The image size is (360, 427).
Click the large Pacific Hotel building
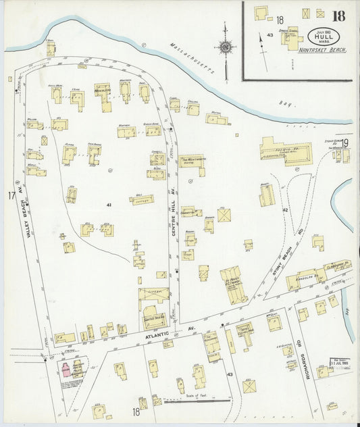coord(286,151)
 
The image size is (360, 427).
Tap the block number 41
coord(108,204)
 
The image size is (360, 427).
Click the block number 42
coord(285,210)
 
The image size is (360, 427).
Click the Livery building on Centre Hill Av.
coord(153,296)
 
